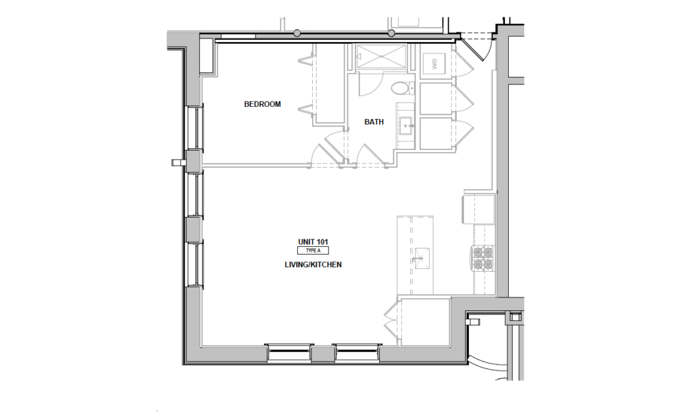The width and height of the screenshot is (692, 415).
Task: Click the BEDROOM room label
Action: point(262,104)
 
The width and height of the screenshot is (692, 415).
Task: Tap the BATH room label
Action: point(374,122)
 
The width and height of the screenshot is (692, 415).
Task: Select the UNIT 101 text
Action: point(313,241)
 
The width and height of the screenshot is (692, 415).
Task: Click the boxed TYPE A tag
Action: point(313,251)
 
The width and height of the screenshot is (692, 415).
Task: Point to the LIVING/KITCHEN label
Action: point(313,265)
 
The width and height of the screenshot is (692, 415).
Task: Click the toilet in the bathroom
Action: point(401,88)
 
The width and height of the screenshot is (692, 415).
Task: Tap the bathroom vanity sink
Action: point(406,124)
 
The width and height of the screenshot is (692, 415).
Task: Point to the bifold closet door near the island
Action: point(391,322)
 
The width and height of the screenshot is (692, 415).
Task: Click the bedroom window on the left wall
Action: point(196,127)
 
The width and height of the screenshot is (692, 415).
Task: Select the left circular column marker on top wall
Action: point(297,33)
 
